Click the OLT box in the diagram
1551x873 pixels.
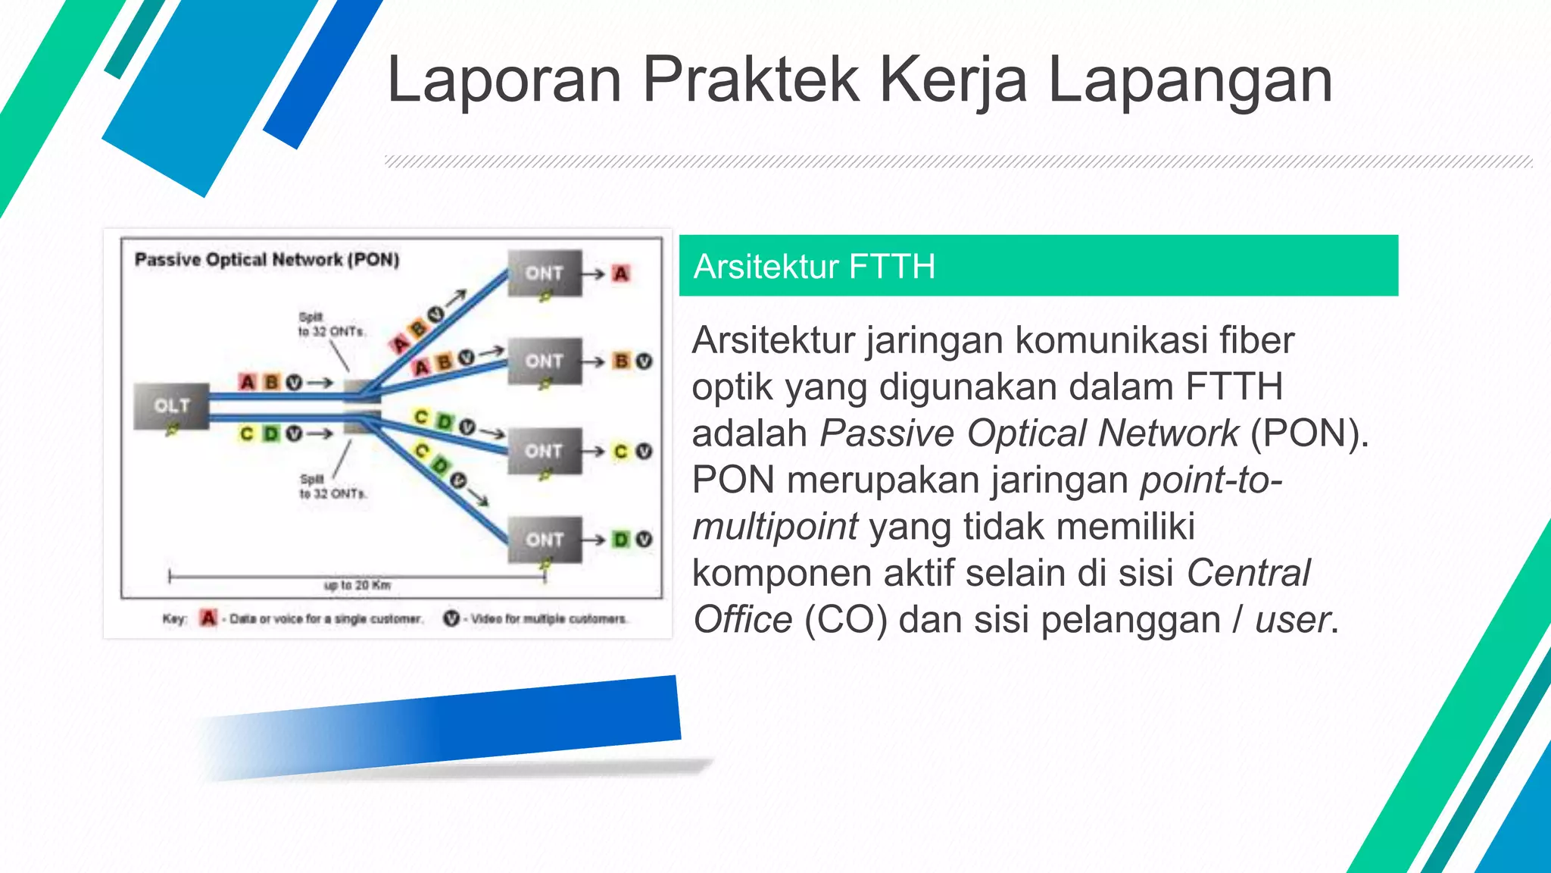tap(172, 406)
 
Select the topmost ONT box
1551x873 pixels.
tap(545, 273)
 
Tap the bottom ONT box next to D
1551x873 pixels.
tap(545, 540)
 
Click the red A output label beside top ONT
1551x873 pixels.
tap(621, 274)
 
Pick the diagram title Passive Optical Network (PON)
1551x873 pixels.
tap(267, 260)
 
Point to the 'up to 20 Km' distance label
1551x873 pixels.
tap(357, 585)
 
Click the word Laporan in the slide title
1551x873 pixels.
tap(504, 80)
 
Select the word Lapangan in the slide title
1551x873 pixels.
tap(1190, 80)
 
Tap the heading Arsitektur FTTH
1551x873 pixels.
tap(814, 267)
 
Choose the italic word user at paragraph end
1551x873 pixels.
tap(1292, 620)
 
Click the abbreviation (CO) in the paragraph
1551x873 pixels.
tap(845, 620)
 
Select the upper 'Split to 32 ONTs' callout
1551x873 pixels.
tap(331, 324)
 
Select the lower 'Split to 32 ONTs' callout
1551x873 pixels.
tap(332, 487)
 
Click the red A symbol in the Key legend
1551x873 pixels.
tap(208, 618)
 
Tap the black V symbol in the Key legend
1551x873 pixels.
tap(451, 618)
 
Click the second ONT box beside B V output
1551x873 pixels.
tap(545, 361)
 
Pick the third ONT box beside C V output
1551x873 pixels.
tap(545, 451)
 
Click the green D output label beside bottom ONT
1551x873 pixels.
tap(621, 540)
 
